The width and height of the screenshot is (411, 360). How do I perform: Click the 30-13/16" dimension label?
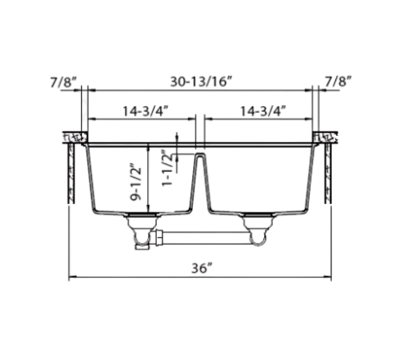(x=201, y=81)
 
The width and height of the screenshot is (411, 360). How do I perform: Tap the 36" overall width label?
(x=201, y=268)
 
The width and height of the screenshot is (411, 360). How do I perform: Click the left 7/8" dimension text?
(x=63, y=81)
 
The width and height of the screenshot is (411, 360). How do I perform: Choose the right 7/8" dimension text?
(x=338, y=81)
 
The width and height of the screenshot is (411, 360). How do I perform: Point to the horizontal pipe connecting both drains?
(x=206, y=238)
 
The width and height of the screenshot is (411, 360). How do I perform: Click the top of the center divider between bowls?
(x=200, y=154)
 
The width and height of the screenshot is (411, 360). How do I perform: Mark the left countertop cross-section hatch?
(x=74, y=138)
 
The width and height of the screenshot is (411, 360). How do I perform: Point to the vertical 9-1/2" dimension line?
(x=148, y=180)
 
